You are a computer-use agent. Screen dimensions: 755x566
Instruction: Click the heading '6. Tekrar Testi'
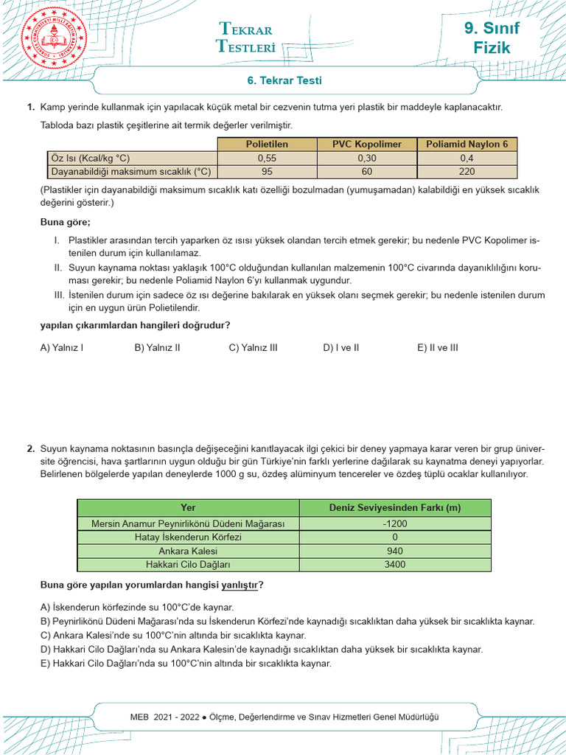point(284,80)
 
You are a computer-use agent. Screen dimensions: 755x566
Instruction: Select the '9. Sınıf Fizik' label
point(492,38)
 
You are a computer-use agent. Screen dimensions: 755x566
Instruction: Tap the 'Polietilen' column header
point(267,145)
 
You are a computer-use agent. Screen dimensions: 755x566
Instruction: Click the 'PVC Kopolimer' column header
point(367,145)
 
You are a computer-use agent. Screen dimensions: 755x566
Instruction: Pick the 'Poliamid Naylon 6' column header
point(467,145)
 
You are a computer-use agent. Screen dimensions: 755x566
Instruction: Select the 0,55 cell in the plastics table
point(267,159)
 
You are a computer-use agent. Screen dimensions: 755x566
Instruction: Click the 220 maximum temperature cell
point(467,172)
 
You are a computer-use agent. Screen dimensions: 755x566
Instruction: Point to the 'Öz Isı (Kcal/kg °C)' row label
point(94,159)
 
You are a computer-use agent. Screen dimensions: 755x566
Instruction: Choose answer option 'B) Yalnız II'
point(157,347)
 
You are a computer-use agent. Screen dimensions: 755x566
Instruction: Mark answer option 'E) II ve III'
point(437,347)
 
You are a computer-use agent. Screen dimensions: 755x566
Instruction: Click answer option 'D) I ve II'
point(340,347)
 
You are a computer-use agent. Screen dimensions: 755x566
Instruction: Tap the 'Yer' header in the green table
point(188,507)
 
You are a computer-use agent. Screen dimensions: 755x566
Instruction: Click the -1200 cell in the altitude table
point(395,523)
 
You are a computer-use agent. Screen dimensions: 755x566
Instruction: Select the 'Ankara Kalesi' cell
point(188,551)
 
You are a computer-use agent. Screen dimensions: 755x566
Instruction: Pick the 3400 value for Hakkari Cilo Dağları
point(395,565)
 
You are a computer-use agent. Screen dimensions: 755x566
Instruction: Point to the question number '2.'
point(31,448)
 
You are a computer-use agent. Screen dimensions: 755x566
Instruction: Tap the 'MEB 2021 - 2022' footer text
point(165,717)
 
